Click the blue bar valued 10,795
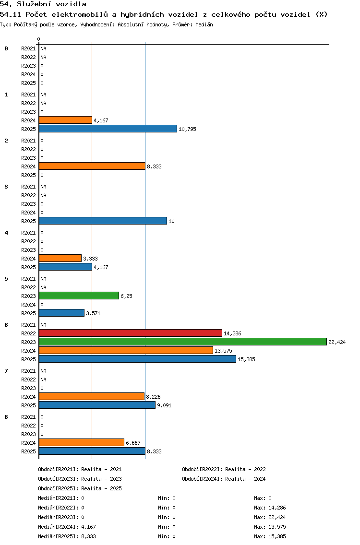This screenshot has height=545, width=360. pos(108,129)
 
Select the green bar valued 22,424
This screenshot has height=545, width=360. pos(183,342)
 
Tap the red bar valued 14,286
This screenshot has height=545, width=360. pos(131,333)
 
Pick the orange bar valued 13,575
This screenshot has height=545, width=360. pos(126,350)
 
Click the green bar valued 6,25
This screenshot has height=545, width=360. pos(79,296)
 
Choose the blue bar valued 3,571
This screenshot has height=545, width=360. pos(62,313)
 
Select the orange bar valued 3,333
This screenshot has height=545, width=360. pos(60,258)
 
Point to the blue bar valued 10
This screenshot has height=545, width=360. pos(103,221)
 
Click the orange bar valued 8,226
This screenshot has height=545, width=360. pos(92,396)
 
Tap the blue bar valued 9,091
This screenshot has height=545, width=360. pos(97,405)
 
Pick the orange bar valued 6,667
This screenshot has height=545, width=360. pos(82,442)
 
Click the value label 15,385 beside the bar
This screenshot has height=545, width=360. pos(246,359)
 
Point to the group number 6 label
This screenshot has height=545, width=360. pos(6,325)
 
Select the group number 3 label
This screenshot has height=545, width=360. pos(6,187)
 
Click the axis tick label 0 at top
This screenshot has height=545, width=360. pos(38,39)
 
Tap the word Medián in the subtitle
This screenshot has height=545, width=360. pos(204,24)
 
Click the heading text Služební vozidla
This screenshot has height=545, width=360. pos(51,4)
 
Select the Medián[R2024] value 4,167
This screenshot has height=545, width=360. pos(88,527)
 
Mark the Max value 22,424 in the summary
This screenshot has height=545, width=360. pos(277,517)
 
